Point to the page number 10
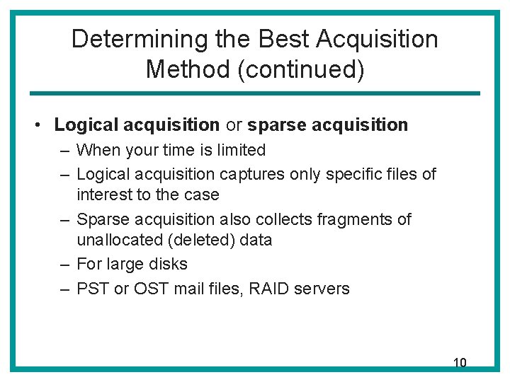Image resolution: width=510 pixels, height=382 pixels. click(460, 363)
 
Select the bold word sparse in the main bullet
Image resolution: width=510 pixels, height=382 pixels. click(276, 125)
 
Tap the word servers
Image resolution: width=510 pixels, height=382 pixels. click(320, 289)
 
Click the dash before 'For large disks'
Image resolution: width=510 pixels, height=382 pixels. click(64, 264)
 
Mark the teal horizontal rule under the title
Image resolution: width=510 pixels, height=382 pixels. click(254, 93)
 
